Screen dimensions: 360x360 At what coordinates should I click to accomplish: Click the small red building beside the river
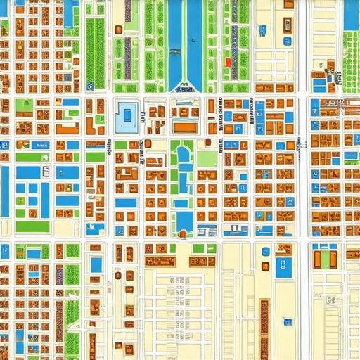point(227,62)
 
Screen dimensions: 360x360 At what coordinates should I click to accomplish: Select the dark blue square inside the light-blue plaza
point(127,112)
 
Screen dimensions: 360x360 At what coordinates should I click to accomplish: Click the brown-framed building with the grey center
point(288,25)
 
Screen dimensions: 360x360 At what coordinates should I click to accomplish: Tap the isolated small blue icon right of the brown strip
point(287,321)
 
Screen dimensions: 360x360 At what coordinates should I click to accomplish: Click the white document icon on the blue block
point(46,171)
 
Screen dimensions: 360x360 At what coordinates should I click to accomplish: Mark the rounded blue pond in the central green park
point(184,154)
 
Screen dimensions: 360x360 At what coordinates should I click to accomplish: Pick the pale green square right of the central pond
point(207,159)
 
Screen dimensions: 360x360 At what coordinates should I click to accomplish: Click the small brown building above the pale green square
point(207,143)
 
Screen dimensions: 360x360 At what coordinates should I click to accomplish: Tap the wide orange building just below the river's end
point(185,127)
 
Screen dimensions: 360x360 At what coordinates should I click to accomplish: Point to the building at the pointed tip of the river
point(184,88)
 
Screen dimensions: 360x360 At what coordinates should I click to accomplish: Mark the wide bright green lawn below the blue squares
point(34,226)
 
